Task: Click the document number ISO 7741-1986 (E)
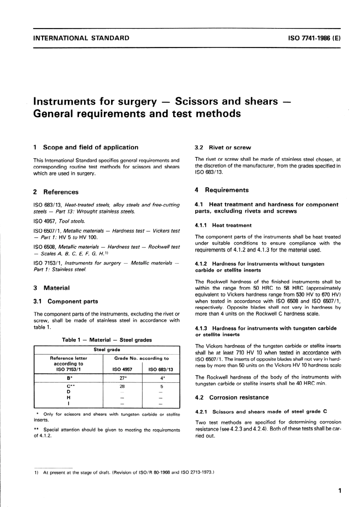point(314,38)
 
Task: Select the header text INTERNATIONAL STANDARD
point(81,38)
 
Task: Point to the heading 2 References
point(56,192)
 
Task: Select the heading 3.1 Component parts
point(66,301)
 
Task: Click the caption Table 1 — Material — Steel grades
point(106,340)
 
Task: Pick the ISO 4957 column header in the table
point(122,369)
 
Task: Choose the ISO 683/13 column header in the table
point(161,369)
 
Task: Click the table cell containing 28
point(122,386)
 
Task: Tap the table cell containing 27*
point(122,378)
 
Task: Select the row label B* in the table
point(69,378)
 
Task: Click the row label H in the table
point(69,398)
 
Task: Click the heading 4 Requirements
point(222,190)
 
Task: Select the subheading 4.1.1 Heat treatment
point(223,225)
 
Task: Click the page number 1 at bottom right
point(340,491)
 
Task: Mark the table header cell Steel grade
point(106,350)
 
